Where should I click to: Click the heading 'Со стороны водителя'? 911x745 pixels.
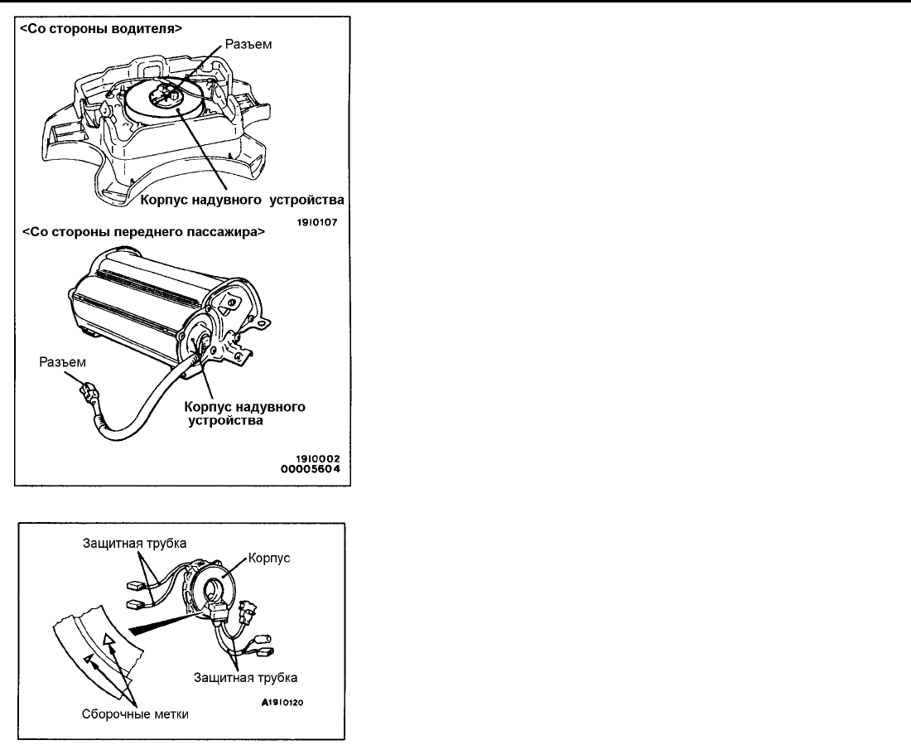coord(101,28)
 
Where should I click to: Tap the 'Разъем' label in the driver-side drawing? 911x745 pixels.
coord(248,45)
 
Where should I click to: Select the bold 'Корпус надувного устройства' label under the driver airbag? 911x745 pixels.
coord(243,200)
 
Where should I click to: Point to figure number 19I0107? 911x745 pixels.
coord(317,222)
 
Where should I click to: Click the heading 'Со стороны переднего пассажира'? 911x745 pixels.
coord(143,231)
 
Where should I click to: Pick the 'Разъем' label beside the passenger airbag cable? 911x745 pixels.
coord(62,362)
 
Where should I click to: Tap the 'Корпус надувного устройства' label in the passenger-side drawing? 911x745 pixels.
coord(244,413)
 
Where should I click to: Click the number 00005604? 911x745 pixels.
coord(311,469)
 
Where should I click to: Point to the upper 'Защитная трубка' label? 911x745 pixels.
coord(134,543)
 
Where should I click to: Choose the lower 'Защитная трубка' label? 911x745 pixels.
coord(246,678)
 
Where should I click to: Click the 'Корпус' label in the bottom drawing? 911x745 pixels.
coord(269,559)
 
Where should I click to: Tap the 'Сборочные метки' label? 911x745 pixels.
coord(135,714)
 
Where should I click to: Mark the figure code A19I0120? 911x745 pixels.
coord(282,703)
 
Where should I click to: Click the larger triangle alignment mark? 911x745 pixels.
coord(108,640)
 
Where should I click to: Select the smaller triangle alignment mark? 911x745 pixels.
coord(88,659)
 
